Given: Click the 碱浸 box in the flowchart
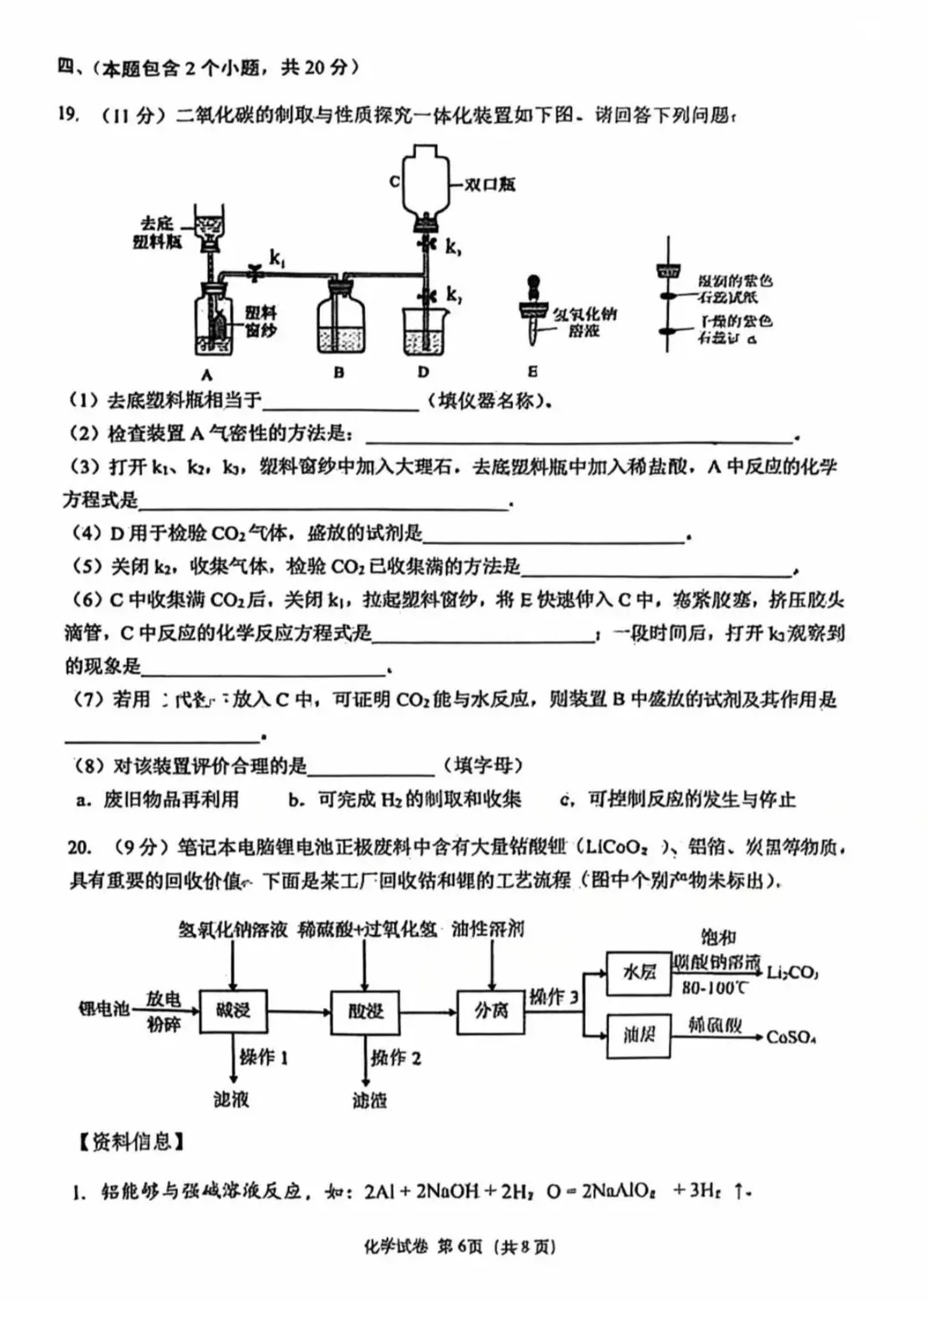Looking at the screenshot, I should click(x=232, y=1010).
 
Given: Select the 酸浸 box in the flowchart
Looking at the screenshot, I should click(x=365, y=1010).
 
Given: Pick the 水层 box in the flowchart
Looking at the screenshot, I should click(x=638, y=972).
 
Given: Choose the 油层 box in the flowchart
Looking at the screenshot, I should click(x=638, y=1034).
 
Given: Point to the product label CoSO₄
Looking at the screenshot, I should click(x=791, y=1037).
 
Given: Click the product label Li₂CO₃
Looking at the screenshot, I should click(x=792, y=973).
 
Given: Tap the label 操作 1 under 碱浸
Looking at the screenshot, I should click(x=263, y=1057).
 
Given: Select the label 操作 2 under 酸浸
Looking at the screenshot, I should click(x=396, y=1057).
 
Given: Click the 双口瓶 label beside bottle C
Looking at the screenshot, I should click(x=489, y=184).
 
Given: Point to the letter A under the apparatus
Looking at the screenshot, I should click(x=206, y=374).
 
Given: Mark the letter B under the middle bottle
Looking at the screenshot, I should click(x=339, y=373).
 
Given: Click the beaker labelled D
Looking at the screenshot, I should click(x=424, y=330).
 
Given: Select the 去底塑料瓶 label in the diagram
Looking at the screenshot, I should click(x=157, y=232).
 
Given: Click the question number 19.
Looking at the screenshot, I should click(x=69, y=114).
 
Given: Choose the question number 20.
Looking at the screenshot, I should click(x=79, y=847).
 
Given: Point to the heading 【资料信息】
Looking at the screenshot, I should click(x=132, y=1142).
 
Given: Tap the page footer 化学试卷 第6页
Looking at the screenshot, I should click(x=460, y=1246).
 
